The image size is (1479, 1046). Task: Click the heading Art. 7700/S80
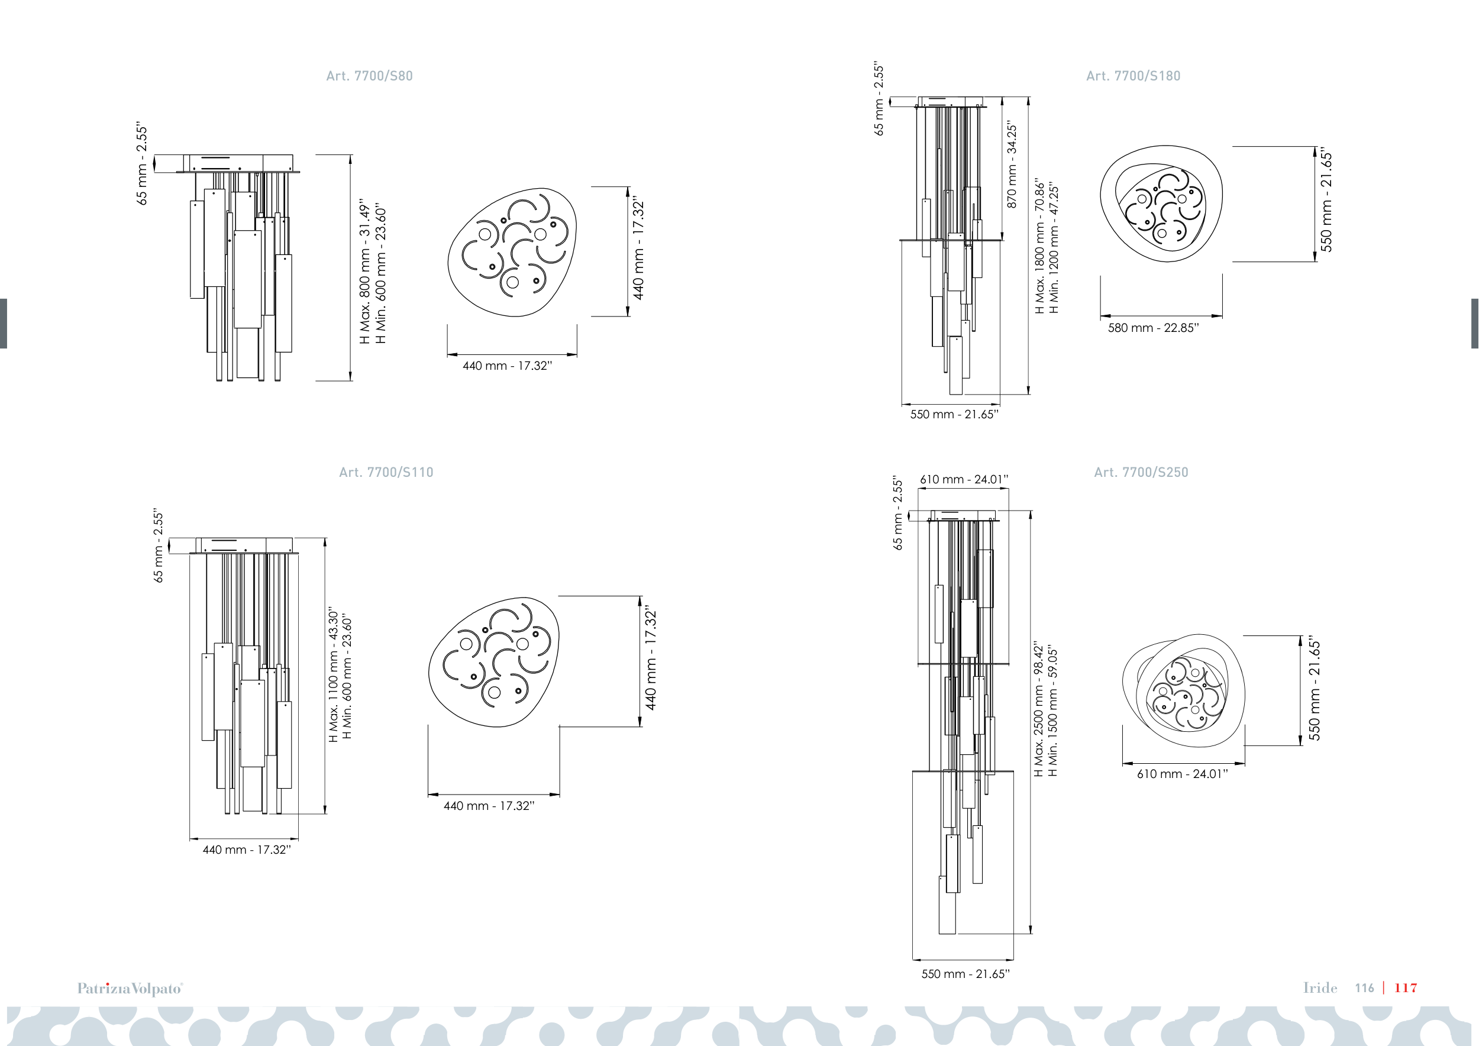click(369, 76)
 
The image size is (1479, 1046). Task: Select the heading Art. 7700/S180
click(1133, 76)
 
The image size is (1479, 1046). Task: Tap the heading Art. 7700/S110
click(386, 472)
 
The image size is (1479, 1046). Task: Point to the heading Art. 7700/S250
click(1141, 472)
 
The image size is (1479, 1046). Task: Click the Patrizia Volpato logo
click(130, 988)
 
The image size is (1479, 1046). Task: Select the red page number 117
click(1406, 987)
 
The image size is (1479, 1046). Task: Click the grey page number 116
click(1364, 987)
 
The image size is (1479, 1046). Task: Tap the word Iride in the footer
click(1320, 987)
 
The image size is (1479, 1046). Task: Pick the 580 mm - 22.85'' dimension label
click(1153, 328)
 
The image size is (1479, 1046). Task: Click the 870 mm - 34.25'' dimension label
click(1012, 165)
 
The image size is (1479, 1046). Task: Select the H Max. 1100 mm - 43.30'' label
click(333, 674)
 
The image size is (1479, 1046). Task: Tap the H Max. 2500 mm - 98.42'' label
click(1038, 709)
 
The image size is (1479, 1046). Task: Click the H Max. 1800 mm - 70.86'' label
click(1039, 247)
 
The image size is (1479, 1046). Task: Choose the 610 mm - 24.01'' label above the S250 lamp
click(964, 479)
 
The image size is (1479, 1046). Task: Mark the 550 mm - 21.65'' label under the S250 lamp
click(965, 974)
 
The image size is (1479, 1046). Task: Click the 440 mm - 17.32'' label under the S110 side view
click(247, 850)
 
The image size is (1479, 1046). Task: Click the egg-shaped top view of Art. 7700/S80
click(512, 253)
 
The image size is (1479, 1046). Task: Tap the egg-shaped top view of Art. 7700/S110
click(494, 662)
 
